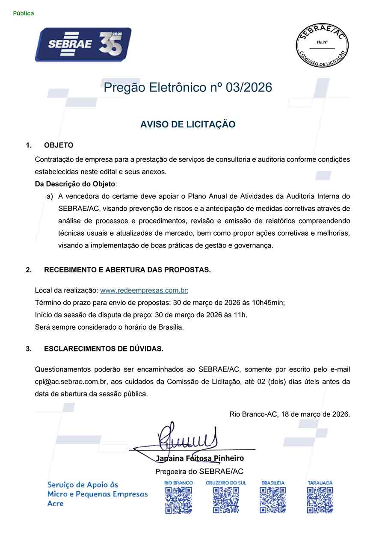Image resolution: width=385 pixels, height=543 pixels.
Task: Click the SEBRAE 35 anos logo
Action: click(83, 44)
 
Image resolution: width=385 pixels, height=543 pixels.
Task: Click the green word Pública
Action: click(24, 13)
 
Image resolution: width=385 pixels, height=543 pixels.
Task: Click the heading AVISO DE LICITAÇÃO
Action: click(188, 124)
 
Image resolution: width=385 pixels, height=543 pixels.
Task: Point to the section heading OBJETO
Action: click(59, 145)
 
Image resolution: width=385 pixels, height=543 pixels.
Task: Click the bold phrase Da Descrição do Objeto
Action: click(75, 184)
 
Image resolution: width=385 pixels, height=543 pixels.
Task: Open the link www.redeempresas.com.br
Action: click(143, 290)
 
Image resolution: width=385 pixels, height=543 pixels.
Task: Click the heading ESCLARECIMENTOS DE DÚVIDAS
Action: click(104, 348)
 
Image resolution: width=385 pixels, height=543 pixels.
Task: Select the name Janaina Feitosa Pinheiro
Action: click(200, 459)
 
